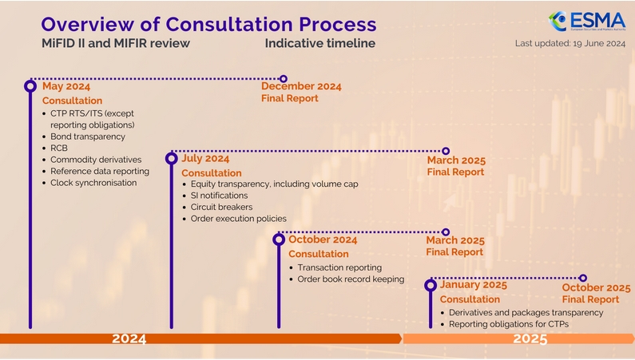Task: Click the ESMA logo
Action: [x=586, y=21]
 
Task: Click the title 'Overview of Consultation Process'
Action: [x=208, y=23]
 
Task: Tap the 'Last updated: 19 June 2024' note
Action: [x=570, y=44]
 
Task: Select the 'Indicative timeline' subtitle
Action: [x=319, y=43]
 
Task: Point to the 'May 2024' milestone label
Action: [x=66, y=86]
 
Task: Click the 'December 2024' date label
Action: [x=301, y=86]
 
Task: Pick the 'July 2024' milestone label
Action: [x=205, y=158]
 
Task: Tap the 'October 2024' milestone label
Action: [x=323, y=239]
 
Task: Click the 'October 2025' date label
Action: [x=596, y=288]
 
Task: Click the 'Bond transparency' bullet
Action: [x=88, y=136]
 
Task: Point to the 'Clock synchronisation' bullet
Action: [x=93, y=182]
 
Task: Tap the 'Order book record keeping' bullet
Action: [x=351, y=279]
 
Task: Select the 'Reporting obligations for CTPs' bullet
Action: [x=515, y=324]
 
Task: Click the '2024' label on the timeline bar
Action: [x=129, y=338]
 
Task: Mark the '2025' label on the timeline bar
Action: [x=530, y=338]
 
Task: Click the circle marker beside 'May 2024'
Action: [x=30, y=85]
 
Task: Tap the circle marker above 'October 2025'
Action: [x=583, y=278]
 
